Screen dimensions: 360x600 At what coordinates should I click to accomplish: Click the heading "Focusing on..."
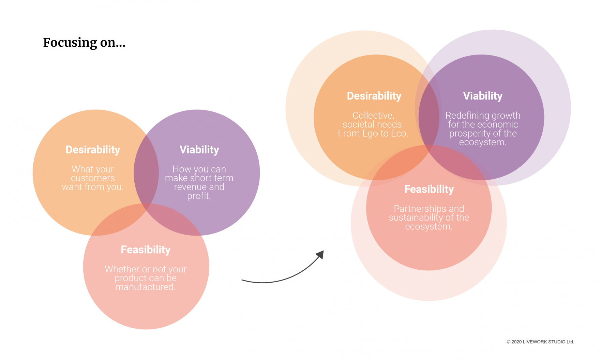coord(84,43)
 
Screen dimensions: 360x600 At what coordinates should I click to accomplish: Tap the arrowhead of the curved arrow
coord(320,255)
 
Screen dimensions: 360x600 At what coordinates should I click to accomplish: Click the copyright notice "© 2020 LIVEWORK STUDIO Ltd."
coord(540,342)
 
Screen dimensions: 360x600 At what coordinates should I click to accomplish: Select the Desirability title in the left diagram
coord(93,150)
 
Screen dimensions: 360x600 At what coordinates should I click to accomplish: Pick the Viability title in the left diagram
coord(199,150)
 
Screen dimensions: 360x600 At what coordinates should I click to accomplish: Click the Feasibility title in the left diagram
coord(146,250)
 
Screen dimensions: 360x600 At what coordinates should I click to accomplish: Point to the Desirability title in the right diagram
coord(374,96)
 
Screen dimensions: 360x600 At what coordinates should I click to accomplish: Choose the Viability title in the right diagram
coord(482,96)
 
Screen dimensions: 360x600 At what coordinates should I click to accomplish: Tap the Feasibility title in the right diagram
coord(429,189)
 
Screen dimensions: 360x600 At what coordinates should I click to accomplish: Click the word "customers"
coord(93,178)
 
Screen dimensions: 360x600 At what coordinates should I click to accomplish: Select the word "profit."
coord(199,196)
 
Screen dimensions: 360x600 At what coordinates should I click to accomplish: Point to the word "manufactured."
coord(146,287)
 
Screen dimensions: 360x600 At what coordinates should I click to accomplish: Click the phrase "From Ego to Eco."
coord(373,133)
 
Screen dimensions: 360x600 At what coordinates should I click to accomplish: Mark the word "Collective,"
coord(373,116)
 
